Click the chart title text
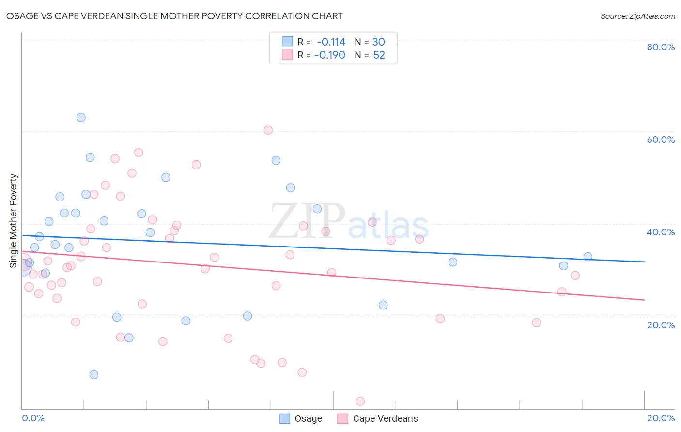174,16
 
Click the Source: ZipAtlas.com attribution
637,16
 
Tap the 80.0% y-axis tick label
661,47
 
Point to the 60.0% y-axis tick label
661,139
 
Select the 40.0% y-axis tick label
661,232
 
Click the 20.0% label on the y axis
661,325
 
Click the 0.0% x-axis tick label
33,418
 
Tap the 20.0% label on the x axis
661,418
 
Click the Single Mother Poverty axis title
14,221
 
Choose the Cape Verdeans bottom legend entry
378,418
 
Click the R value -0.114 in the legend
331,42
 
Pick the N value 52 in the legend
379,55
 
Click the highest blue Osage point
81,118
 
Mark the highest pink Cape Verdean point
268,130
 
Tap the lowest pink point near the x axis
360,401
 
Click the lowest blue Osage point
94,375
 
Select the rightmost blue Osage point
588,257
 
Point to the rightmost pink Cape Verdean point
575,276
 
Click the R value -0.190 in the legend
330,55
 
